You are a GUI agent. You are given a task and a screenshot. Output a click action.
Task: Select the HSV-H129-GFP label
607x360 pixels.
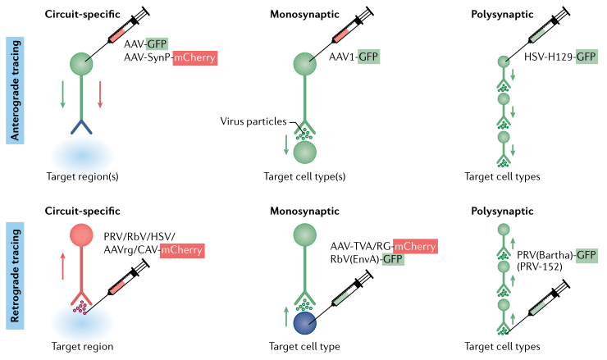[x=560, y=57]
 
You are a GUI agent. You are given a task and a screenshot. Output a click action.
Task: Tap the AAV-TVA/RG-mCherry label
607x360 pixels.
[x=382, y=246]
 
